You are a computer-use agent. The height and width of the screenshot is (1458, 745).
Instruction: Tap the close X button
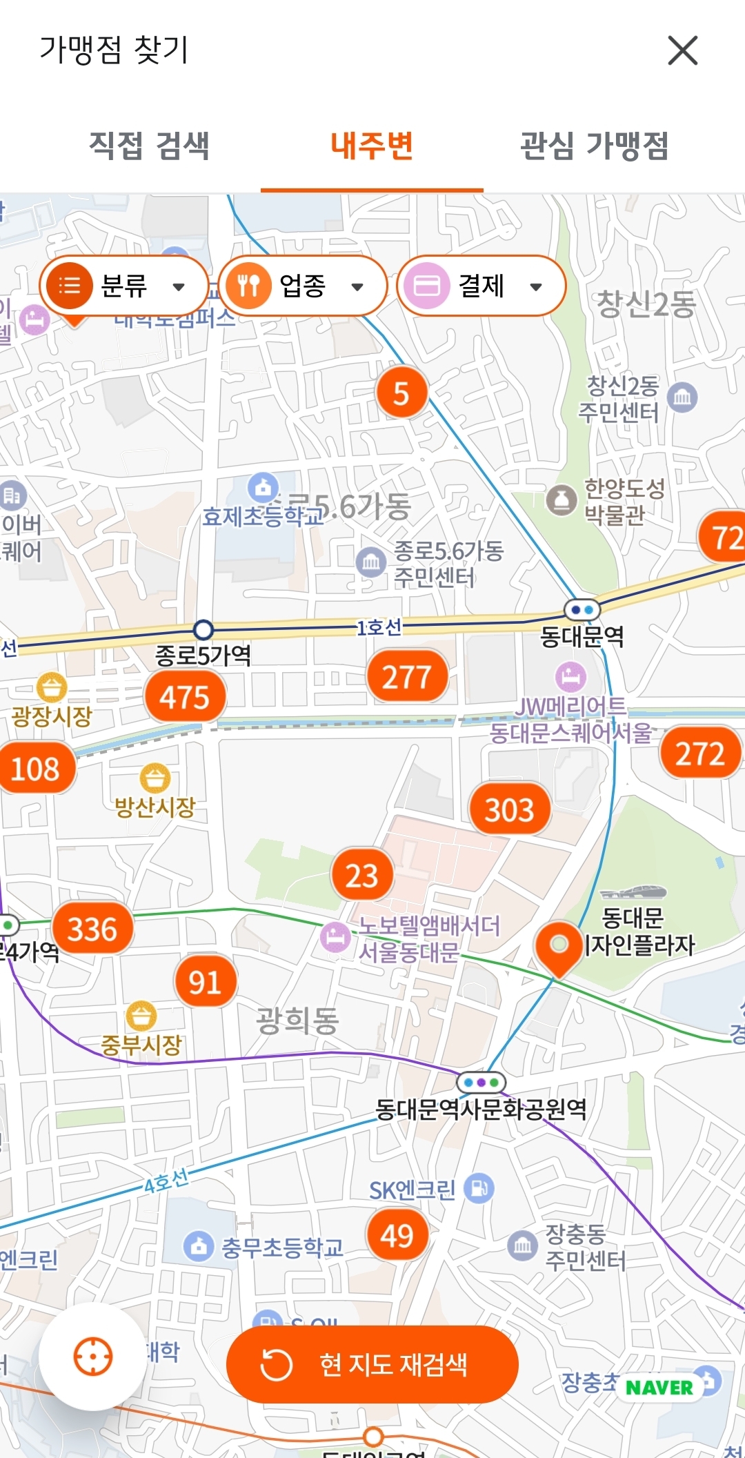(682, 50)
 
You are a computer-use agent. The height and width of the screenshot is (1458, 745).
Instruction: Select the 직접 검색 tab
(149, 146)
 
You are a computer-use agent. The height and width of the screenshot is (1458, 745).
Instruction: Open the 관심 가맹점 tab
(594, 146)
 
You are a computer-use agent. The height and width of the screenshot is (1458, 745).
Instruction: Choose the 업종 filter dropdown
(302, 286)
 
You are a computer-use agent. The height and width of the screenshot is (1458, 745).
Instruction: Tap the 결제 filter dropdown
(481, 286)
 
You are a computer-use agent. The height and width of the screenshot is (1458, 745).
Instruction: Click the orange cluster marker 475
(185, 697)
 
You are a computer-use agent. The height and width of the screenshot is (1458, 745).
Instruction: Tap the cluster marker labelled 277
(407, 677)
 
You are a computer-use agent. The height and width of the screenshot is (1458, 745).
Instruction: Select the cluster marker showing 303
(509, 809)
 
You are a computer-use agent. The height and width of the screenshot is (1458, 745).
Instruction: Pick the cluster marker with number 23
(362, 876)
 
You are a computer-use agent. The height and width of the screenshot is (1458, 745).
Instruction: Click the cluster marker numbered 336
(92, 929)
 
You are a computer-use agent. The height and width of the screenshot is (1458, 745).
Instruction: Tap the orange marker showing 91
(205, 982)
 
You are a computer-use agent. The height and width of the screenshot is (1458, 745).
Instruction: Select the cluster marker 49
(397, 1235)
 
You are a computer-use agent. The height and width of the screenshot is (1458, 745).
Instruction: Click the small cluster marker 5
(401, 393)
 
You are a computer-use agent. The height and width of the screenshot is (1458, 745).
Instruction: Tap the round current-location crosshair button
(92, 1357)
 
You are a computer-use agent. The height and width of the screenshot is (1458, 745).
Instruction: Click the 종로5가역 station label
(203, 655)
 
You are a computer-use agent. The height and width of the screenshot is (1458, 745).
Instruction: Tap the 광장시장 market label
(52, 716)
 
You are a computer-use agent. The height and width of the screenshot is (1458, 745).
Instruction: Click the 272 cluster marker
(699, 753)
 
